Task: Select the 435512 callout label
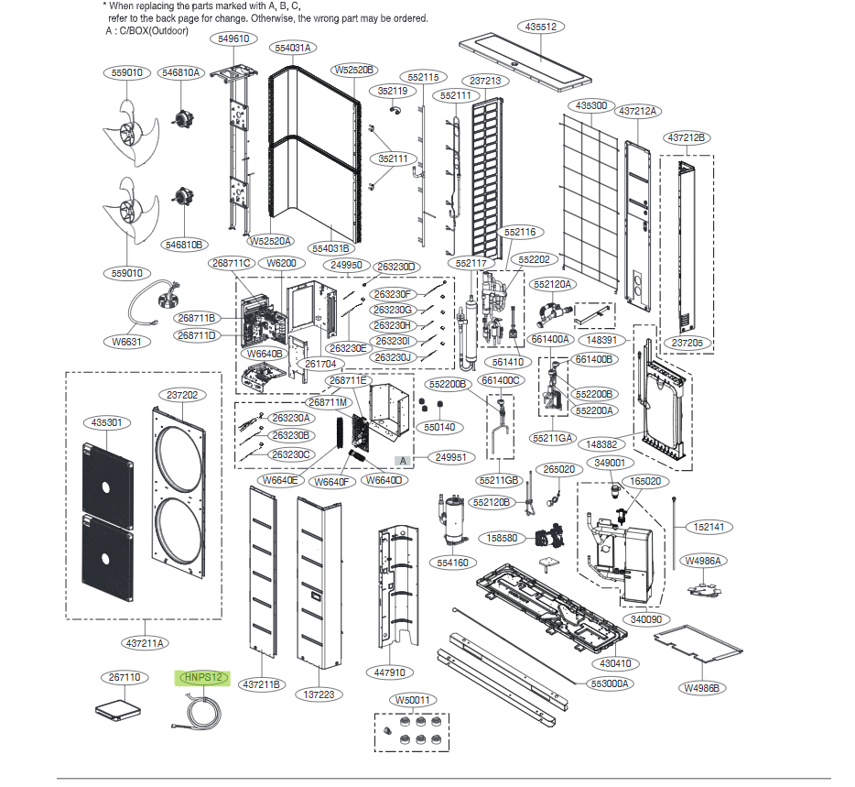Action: click(542, 27)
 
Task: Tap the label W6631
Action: click(129, 342)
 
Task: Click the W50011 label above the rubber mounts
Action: click(414, 700)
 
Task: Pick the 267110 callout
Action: click(124, 678)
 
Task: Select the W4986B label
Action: click(702, 687)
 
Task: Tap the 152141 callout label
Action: click(708, 527)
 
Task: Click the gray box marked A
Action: click(403, 457)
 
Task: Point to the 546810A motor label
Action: click(181, 72)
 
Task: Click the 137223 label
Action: click(320, 694)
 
